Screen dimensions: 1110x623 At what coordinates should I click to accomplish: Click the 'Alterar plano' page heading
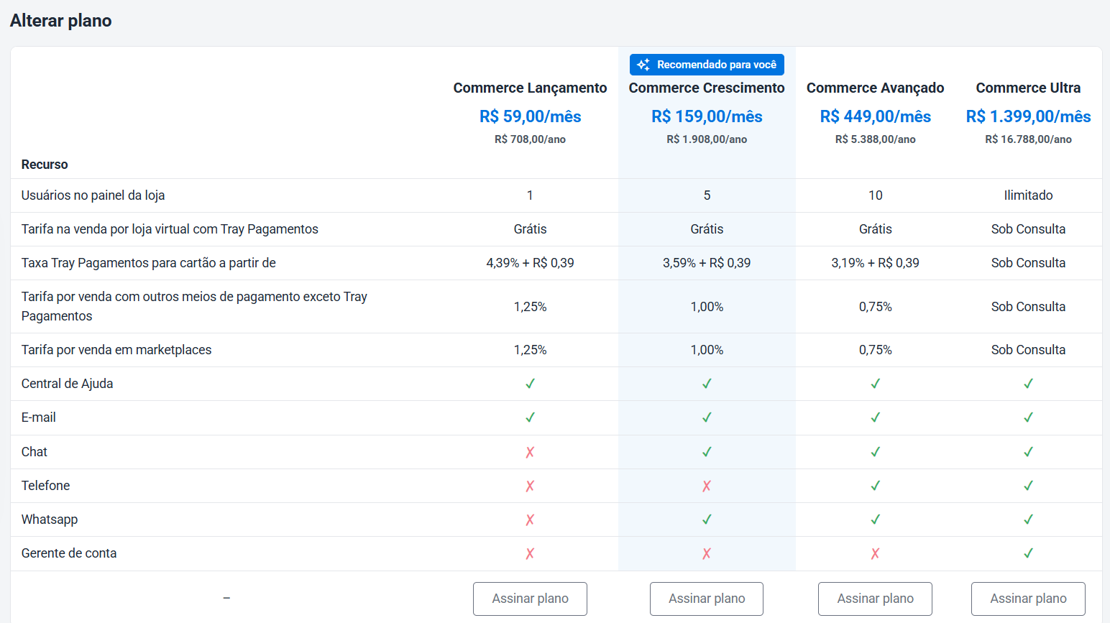click(x=60, y=21)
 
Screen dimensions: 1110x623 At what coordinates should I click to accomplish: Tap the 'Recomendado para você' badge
click(x=707, y=65)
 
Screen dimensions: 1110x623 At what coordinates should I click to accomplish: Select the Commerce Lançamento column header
click(x=530, y=88)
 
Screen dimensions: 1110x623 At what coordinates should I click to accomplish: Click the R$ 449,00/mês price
click(x=875, y=116)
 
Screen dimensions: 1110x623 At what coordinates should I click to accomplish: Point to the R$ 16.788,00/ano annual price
click(x=1028, y=139)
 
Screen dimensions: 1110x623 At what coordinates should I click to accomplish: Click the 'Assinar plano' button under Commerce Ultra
click(x=1028, y=599)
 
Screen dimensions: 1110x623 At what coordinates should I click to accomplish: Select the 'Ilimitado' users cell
click(x=1028, y=195)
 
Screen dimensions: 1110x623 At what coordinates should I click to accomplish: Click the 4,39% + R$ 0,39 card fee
click(x=530, y=263)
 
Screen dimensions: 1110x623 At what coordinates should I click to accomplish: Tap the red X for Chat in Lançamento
click(x=530, y=452)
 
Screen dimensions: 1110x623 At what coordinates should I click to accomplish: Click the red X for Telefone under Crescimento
click(x=707, y=486)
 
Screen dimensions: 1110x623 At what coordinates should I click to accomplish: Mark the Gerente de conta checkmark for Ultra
click(x=1028, y=553)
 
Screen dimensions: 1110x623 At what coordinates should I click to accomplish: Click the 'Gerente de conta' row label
click(x=69, y=553)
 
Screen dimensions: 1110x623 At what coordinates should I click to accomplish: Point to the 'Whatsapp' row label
click(x=50, y=520)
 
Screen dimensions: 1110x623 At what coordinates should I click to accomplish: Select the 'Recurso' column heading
click(x=45, y=165)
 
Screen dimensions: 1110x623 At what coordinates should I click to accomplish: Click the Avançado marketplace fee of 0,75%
click(x=875, y=350)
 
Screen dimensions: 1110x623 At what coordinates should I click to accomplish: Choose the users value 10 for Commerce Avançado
click(x=875, y=195)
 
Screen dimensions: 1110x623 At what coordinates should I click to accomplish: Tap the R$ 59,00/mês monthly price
click(x=530, y=116)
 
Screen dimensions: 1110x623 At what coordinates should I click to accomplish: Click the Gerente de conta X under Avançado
click(x=875, y=553)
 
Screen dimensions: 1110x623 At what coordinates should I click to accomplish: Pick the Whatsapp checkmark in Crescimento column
click(x=707, y=520)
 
